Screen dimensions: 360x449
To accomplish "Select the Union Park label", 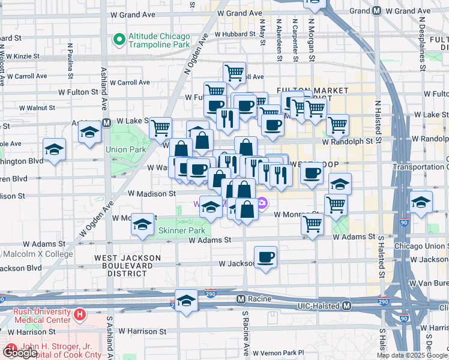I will point(125,149).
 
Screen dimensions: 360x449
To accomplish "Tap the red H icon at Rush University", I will point(79,314).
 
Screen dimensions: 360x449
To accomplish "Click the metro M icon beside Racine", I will point(240,299).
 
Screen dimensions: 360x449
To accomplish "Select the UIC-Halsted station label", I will point(321,305).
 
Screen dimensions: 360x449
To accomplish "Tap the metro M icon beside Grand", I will point(376,10).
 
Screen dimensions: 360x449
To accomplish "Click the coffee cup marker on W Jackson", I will point(265,257).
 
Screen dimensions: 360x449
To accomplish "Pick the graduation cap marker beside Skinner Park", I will point(142,224).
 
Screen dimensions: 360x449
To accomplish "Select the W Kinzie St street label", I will point(22,56).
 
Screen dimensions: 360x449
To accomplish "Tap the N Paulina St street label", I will point(71,60).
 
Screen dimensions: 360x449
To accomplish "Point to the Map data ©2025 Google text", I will point(412,355).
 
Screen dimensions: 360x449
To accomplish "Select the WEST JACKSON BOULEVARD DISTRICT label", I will point(127,265).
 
